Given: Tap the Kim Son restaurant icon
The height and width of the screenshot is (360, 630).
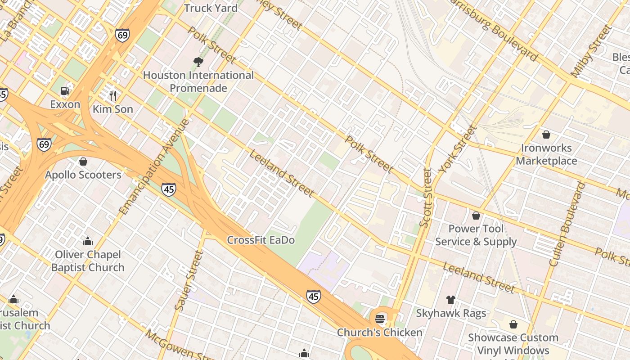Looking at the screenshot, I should click(x=113, y=95).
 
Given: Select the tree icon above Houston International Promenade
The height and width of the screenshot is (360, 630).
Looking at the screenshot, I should click(x=198, y=62).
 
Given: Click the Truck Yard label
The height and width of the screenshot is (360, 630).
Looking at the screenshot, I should click(x=211, y=8).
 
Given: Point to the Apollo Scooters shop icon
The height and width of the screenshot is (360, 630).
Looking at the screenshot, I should click(x=83, y=162).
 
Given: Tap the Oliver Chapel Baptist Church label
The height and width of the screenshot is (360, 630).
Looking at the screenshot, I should click(x=88, y=261).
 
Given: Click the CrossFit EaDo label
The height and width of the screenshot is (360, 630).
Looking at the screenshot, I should click(x=261, y=240).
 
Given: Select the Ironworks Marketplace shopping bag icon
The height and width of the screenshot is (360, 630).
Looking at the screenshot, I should click(x=546, y=135).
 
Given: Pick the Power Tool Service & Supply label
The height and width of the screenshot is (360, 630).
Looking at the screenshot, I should click(x=476, y=235).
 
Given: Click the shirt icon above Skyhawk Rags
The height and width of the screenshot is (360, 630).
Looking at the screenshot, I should click(x=450, y=300).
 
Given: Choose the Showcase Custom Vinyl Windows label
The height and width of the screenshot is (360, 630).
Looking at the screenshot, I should click(x=513, y=344).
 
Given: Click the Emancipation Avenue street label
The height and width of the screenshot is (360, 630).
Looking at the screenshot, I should click(x=154, y=166).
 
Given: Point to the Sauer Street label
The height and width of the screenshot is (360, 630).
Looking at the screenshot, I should click(x=189, y=281).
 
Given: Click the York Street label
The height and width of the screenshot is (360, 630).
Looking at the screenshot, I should click(x=457, y=149).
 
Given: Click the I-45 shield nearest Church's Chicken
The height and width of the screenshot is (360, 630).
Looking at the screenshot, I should click(x=314, y=297).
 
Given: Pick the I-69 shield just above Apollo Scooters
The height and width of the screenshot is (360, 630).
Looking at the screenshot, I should click(x=44, y=144).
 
